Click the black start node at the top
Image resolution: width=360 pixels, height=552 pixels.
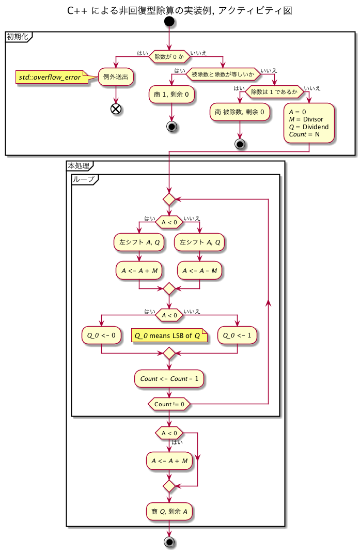tap(169, 22)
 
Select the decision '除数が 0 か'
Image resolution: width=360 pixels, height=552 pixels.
tap(169, 56)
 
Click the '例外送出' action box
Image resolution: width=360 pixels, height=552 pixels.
tap(116, 78)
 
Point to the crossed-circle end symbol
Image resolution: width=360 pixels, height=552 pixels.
tap(116, 109)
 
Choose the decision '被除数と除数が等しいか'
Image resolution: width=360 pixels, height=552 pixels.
tap(223, 74)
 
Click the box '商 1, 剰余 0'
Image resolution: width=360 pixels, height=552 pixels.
tap(171, 95)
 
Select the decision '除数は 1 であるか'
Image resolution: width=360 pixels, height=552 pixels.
tap(274, 93)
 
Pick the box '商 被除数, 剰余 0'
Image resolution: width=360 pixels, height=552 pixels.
tap(240, 112)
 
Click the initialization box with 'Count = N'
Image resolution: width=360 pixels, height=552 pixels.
tap(309, 122)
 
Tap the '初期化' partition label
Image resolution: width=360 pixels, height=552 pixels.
tap(18, 37)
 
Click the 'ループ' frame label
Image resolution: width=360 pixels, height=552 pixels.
tap(83, 179)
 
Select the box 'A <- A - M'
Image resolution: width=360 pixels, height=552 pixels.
tap(199, 270)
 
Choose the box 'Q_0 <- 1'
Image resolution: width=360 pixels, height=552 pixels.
tap(237, 334)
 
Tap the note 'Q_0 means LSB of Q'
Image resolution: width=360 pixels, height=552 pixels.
tap(170, 335)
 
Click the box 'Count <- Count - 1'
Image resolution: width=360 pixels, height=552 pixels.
tap(169, 378)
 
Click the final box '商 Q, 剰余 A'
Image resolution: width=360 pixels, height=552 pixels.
tap(169, 511)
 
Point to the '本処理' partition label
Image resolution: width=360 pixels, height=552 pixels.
tap(79, 166)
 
